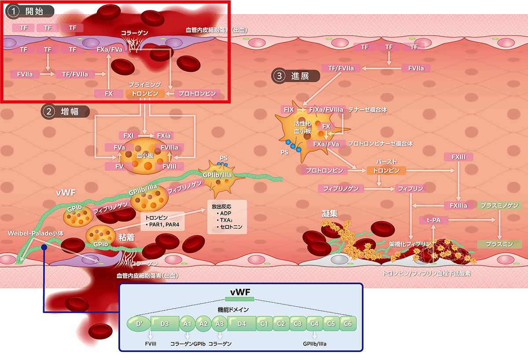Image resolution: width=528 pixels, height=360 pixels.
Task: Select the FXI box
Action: pyautogui.click(x=128, y=136)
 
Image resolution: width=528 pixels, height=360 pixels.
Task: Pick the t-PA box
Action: pyautogui.click(x=433, y=219)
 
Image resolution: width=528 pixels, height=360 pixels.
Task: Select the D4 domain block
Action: pyautogui.click(x=242, y=323)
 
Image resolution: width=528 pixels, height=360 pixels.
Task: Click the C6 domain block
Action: pyautogui.click(x=348, y=323)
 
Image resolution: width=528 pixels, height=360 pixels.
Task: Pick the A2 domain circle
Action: pyautogui.click(x=204, y=323)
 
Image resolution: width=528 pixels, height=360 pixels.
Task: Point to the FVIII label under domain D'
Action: pyautogui.click(x=150, y=343)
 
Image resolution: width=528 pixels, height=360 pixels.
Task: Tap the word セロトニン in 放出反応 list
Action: pyautogui.click(x=231, y=228)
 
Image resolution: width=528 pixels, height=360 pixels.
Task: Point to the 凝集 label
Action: pyautogui.click(x=330, y=214)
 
